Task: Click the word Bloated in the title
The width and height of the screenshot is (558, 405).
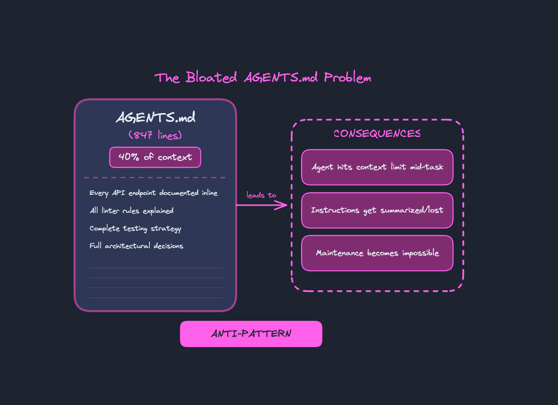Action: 211,77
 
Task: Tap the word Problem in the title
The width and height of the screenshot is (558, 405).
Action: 347,77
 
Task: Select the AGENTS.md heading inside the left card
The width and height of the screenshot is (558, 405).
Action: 155,117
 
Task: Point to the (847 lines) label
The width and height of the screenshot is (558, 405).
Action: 155,135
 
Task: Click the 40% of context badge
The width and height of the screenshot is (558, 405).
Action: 155,157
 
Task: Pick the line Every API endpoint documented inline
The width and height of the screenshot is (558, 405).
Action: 153,193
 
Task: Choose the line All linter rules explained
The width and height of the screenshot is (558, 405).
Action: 132,211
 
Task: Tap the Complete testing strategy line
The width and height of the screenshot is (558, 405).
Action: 135,228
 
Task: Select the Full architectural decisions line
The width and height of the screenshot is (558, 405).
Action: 136,246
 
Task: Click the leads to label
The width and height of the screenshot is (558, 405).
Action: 261,195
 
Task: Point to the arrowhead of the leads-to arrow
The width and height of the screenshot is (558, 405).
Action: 287,205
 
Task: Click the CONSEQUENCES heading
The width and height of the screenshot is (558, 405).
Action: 377,134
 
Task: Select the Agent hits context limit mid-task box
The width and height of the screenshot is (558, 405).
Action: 377,167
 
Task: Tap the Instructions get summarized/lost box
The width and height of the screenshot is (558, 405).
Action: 377,210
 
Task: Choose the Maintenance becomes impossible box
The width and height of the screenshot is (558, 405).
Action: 377,253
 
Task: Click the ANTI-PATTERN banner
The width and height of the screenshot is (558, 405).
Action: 251,334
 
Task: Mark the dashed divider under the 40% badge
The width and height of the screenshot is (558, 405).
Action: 155,177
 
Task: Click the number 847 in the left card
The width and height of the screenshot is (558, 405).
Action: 143,135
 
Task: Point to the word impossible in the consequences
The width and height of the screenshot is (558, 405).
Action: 421,253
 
